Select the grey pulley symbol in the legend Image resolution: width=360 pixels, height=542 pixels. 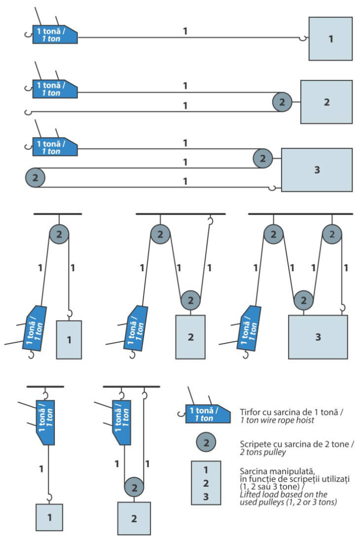pos(206,442)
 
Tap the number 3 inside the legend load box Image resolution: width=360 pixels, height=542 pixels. pos(206,495)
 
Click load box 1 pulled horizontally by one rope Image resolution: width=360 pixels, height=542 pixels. pos(330,38)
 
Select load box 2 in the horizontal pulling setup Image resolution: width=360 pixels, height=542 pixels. pos(326,102)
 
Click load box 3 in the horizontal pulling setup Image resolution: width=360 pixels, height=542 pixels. pos(317,169)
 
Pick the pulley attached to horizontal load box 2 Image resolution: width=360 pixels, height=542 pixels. pos(282,102)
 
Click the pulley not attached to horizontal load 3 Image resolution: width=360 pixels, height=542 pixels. pos(35,177)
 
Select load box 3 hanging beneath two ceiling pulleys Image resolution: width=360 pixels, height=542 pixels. pos(318,337)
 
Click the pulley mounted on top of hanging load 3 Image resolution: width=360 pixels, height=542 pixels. pos(304,300)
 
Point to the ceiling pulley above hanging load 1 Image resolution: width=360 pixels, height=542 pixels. pos(59,234)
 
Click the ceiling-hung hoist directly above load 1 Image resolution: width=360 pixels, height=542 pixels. pos(45,422)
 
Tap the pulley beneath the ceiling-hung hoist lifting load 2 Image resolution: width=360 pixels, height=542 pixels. pos(134,488)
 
